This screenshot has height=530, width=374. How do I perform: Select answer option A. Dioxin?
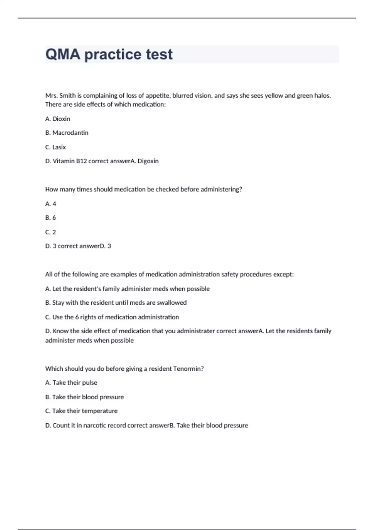click(58, 119)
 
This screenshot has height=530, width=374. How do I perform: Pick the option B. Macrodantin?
click(67, 133)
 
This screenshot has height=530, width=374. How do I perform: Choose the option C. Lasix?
click(55, 147)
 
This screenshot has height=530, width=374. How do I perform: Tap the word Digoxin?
click(148, 161)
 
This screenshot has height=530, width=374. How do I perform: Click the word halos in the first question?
click(322, 96)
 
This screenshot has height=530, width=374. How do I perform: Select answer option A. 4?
click(50, 204)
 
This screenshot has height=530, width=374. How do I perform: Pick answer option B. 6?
click(50, 218)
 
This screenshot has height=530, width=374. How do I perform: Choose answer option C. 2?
click(50, 232)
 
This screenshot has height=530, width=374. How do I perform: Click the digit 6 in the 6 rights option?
click(77, 317)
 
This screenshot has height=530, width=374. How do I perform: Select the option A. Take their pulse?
click(71, 383)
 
